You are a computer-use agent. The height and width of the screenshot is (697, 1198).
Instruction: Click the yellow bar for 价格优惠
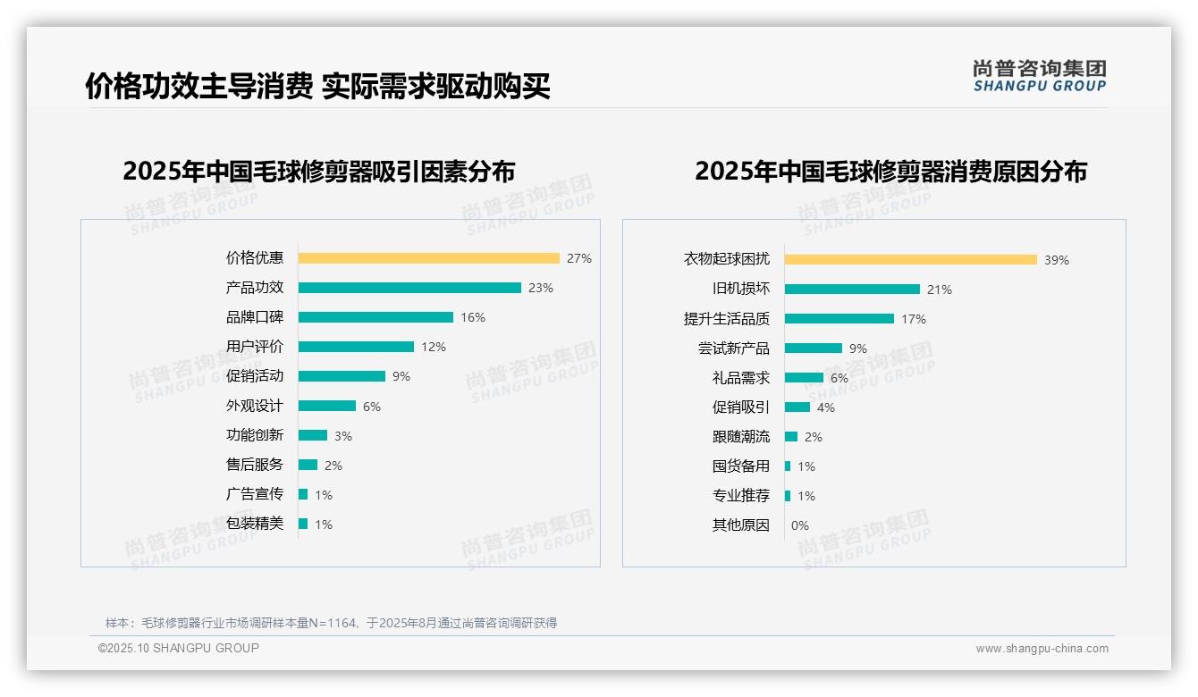428,258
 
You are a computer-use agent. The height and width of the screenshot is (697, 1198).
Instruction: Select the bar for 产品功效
409,288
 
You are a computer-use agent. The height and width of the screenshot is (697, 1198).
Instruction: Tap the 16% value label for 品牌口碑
473,317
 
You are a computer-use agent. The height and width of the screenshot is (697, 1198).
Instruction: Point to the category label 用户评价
255,347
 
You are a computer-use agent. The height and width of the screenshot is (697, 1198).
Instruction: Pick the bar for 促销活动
342,376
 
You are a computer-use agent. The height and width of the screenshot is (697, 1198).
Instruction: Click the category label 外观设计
255,406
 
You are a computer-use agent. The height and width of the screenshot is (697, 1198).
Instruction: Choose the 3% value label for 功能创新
343,436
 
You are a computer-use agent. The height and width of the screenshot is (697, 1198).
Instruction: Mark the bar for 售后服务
308,465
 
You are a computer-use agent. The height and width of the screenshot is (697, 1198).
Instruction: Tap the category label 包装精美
255,524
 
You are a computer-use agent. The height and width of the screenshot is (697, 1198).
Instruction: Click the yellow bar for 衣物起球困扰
910,260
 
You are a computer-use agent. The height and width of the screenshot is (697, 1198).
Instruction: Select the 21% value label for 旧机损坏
940,290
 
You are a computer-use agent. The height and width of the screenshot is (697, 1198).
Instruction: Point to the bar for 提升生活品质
839,319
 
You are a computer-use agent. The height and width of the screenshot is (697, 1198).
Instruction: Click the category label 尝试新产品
734,348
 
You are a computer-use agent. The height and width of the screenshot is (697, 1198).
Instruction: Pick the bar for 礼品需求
804,378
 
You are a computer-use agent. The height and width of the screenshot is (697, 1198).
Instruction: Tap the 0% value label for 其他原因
800,525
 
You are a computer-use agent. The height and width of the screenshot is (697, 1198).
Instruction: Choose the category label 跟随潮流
741,437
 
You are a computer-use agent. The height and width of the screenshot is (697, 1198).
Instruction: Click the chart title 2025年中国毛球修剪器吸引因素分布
319,172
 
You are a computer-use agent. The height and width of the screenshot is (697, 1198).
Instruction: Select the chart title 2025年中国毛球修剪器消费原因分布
890,172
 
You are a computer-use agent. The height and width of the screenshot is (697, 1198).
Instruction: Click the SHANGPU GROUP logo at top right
1040,76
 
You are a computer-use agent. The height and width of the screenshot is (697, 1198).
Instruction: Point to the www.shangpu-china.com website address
1042,649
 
